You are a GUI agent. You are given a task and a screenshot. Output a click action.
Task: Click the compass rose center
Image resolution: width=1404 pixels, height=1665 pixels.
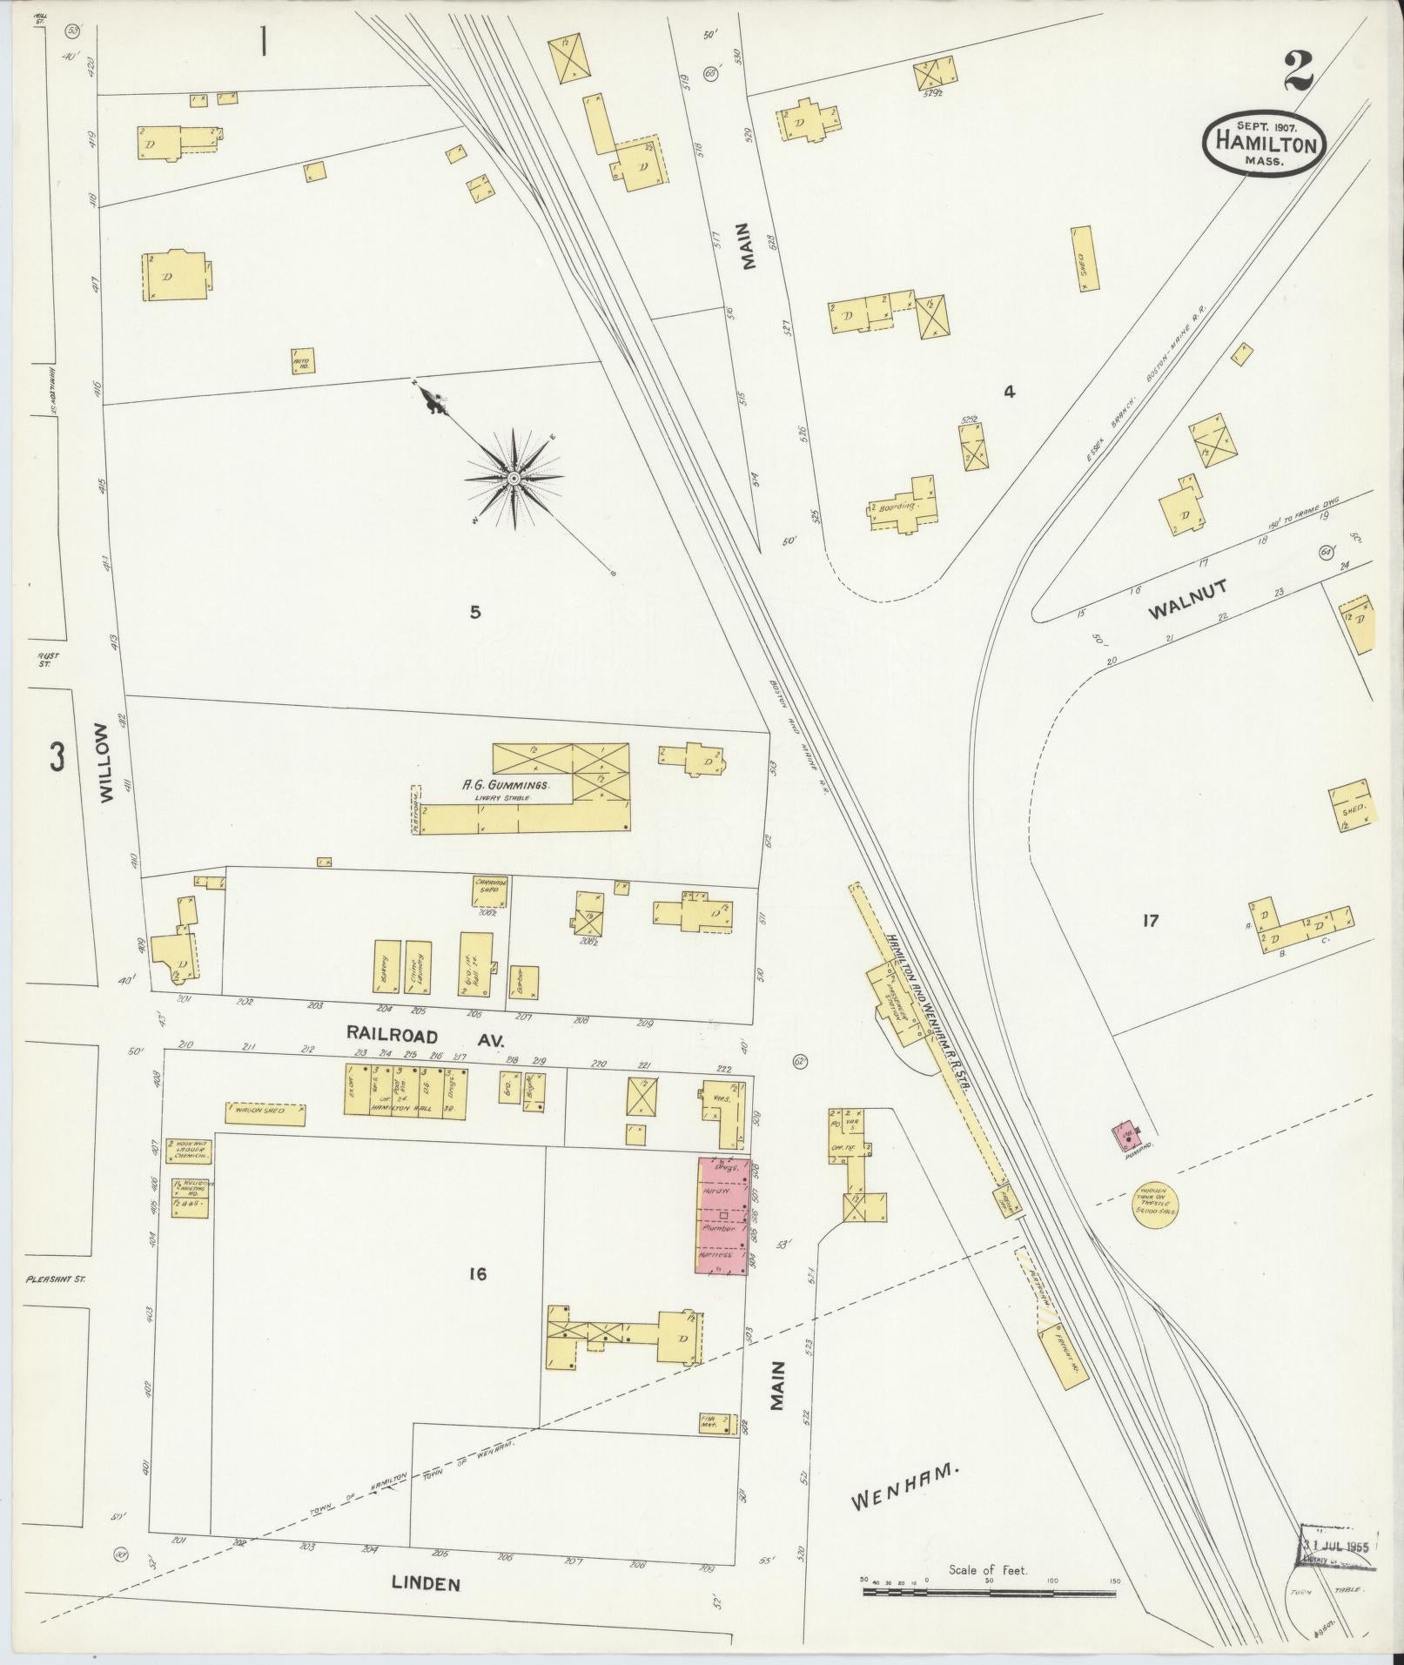[514, 478]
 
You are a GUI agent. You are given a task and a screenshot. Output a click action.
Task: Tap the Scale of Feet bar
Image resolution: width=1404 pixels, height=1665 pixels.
[989, 1591]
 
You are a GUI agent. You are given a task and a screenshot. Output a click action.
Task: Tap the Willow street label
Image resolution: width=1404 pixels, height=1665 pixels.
[106, 762]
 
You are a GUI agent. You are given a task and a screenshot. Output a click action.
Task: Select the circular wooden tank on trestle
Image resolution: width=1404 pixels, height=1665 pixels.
[1157, 1205]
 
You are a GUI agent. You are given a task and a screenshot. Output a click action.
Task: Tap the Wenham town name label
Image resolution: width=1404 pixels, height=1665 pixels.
[904, 1494]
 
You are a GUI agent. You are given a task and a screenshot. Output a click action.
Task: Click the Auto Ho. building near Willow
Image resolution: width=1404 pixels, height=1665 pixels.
[302, 360]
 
